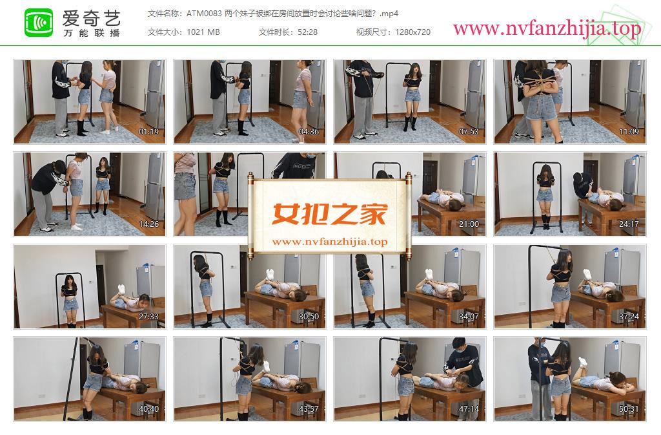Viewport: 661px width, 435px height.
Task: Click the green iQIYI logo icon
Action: click(39, 23)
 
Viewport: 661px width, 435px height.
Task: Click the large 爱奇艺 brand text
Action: click(92, 17)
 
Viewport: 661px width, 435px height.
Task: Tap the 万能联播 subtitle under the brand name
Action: click(92, 33)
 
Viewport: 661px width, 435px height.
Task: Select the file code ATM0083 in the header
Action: click(204, 14)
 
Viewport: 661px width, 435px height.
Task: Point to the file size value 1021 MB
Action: click(203, 32)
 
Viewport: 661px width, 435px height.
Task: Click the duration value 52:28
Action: click(307, 32)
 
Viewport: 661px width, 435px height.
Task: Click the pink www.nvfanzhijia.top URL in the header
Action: click(547, 28)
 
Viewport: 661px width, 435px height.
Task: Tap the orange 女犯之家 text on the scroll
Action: click(329, 214)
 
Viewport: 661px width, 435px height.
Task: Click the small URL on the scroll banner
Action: click(329, 242)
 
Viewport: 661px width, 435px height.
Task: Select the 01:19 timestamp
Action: click(149, 132)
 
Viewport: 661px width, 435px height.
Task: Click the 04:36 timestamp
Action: click(309, 132)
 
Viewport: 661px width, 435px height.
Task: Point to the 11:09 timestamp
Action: click(629, 132)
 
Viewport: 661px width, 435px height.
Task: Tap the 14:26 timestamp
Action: click(149, 224)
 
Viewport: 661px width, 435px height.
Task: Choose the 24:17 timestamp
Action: click(629, 224)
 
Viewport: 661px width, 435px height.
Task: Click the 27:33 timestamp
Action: click(149, 317)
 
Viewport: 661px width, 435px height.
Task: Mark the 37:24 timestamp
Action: click(629, 317)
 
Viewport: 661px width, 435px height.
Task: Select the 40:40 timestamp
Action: click(149, 409)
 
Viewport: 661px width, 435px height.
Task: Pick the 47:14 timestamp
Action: click(469, 409)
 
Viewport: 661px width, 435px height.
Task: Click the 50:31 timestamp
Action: click(629, 409)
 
